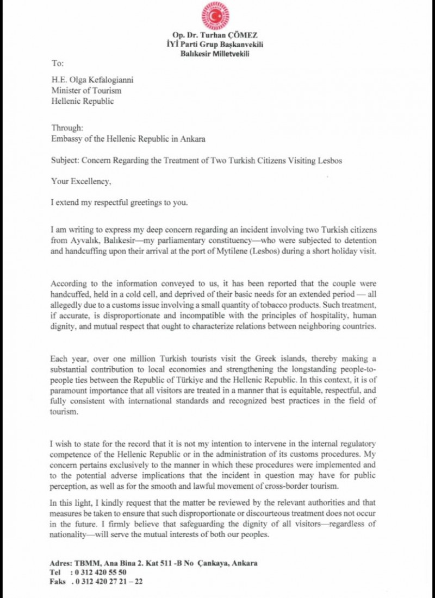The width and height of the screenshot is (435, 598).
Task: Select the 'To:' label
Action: (x=57, y=64)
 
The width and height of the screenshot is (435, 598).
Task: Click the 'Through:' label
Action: (x=67, y=128)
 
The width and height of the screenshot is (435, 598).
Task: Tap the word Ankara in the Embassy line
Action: (x=193, y=139)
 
